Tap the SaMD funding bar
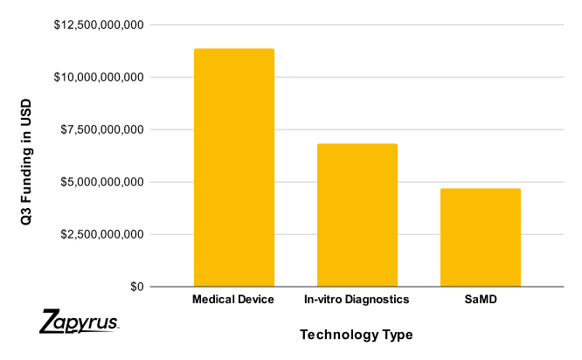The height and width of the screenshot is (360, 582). (x=480, y=238)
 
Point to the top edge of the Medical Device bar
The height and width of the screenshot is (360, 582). (x=233, y=50)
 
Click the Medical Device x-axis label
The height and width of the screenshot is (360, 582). (x=233, y=300)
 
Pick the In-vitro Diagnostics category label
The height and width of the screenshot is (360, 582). (x=357, y=300)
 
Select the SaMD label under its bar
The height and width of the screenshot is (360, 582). (x=481, y=300)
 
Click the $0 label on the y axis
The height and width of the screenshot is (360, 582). (x=136, y=287)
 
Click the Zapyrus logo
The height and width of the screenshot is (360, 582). (x=80, y=322)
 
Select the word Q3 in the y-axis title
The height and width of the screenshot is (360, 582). (x=26, y=216)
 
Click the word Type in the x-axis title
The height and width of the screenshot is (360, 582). (x=396, y=335)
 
